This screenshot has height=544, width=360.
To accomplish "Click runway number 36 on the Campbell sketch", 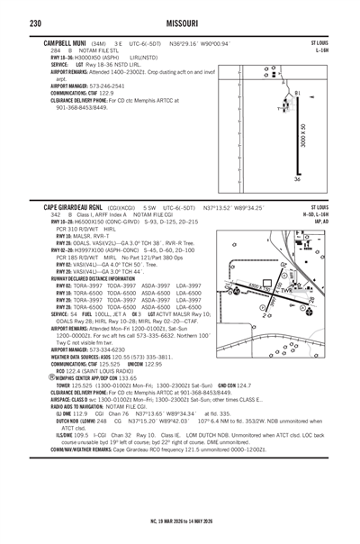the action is click(297, 179).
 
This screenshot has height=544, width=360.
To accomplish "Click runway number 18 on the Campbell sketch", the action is click(298, 92).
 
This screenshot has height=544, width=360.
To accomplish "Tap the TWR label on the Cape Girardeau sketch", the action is click(287, 291).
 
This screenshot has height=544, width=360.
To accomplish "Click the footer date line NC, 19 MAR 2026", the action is click(180, 521).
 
